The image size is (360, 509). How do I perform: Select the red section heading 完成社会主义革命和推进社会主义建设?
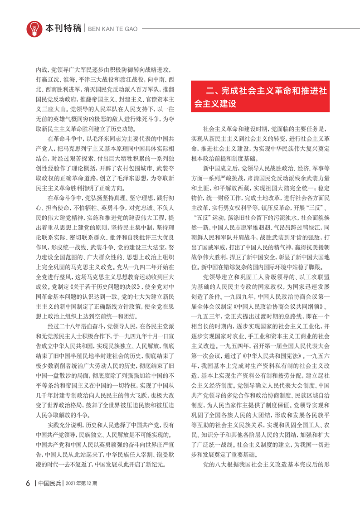(x=265, y=97)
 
